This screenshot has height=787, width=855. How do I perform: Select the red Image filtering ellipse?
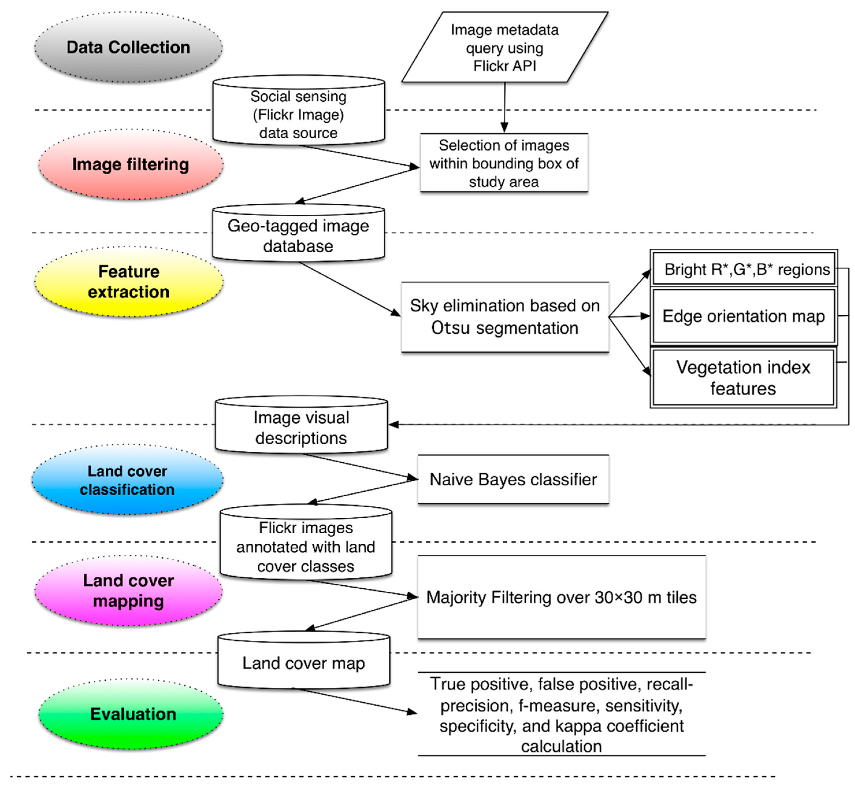click(x=131, y=164)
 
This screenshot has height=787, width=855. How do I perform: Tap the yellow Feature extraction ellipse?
click(x=129, y=281)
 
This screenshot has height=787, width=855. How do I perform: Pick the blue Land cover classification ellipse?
click(x=127, y=480)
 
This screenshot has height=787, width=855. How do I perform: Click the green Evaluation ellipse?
click(x=131, y=714)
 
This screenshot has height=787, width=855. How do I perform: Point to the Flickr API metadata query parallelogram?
click(x=505, y=47)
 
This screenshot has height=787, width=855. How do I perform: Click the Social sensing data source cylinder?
click(x=298, y=111)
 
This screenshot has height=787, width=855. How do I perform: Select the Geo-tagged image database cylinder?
click(x=298, y=233)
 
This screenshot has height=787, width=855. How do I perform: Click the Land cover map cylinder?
click(x=304, y=660)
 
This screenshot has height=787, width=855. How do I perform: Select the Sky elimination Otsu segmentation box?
click(x=505, y=317)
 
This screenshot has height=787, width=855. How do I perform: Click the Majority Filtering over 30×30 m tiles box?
click(x=562, y=597)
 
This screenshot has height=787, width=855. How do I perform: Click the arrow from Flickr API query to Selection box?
click(x=505, y=107)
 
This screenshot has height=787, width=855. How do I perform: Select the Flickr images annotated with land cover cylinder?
click(x=306, y=542)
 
